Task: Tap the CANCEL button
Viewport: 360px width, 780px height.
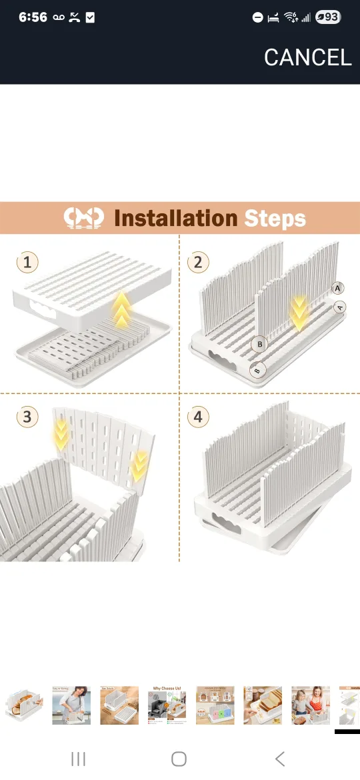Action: point(307,57)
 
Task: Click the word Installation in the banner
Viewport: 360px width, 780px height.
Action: point(175,218)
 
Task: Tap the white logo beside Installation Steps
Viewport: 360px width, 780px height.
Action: point(83,218)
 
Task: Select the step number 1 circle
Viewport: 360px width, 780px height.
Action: point(27,262)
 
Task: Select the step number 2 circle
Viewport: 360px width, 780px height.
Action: point(197,262)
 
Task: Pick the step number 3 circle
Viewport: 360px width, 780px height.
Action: point(27,417)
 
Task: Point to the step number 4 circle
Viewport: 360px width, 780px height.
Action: point(197,417)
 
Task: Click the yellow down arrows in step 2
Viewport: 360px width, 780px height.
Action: point(299,313)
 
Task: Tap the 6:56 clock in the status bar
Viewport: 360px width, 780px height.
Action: point(33,17)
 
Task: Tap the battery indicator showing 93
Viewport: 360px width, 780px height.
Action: point(327,17)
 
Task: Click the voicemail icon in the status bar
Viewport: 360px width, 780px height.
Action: point(59,17)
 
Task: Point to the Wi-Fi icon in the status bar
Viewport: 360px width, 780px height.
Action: point(290,17)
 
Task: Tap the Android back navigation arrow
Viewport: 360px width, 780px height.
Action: point(280,758)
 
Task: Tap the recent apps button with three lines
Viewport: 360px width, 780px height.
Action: point(79,758)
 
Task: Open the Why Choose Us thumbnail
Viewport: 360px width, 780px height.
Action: point(167,705)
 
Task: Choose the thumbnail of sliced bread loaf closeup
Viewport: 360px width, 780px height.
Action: point(263,705)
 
